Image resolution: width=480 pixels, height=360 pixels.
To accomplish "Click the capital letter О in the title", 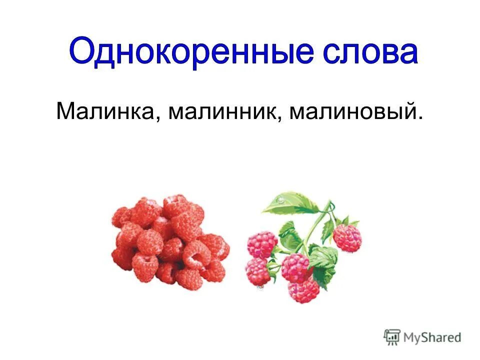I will (83, 51).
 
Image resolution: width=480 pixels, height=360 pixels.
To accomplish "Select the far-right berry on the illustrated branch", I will (347, 238).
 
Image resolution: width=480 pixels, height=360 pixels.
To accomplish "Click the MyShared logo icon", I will (392, 337).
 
